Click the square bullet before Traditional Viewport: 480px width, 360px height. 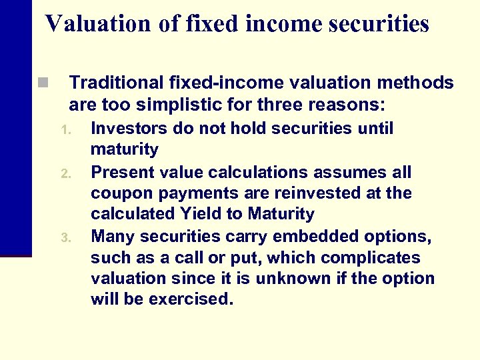(x=43, y=83)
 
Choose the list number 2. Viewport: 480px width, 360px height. (x=65, y=173)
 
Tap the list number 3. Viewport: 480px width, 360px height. (x=65, y=237)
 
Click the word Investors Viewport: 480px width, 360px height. (x=122, y=128)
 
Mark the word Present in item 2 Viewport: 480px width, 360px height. (x=118, y=172)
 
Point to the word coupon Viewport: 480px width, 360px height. (x=116, y=193)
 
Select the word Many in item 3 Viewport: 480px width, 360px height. (x=111, y=236)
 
